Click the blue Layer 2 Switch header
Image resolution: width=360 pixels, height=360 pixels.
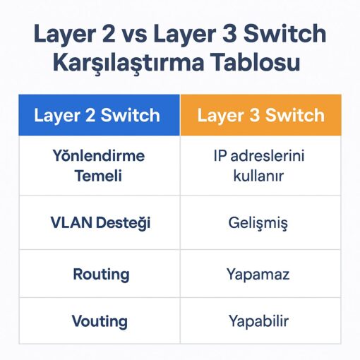click(100, 115)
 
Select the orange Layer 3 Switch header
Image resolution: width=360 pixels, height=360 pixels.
click(260, 115)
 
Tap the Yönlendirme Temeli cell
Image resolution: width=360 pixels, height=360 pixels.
click(100, 166)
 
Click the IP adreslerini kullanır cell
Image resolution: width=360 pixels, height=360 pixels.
click(260, 166)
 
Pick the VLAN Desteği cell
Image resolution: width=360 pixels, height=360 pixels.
click(100, 222)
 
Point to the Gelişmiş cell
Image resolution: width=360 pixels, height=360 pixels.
click(260, 222)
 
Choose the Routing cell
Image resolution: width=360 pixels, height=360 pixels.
click(100, 274)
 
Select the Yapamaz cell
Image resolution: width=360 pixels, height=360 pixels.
click(260, 274)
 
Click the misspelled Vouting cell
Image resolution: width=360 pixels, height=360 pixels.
click(100, 321)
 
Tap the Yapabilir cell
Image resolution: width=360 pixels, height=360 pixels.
click(260, 321)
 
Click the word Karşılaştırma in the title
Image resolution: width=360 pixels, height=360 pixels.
click(128, 63)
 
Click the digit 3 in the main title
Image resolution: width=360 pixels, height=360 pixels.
click(229, 34)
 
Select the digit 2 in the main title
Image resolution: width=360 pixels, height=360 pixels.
click(108, 34)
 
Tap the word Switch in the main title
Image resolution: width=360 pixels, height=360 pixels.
click(284, 33)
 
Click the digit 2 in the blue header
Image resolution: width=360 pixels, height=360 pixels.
click(90, 115)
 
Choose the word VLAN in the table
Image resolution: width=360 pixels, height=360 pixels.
click(71, 222)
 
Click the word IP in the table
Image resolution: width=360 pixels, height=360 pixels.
click(220, 155)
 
